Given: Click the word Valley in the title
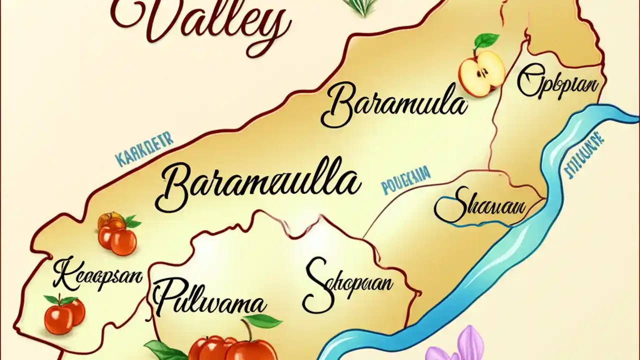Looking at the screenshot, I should [x=200, y=20].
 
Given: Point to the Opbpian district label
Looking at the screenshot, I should [x=557, y=84].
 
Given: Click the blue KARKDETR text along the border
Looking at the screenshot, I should [x=143, y=148].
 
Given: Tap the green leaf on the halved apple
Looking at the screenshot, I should [x=486, y=40].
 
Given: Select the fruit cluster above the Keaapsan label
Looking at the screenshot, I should [x=117, y=233].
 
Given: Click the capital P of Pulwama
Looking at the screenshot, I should [x=167, y=297].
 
